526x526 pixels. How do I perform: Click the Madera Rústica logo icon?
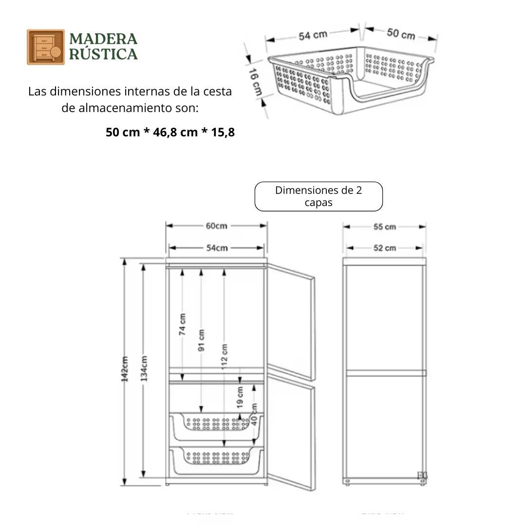point(45,47)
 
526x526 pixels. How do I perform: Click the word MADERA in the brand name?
point(103,39)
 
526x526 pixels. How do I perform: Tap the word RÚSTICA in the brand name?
point(103,54)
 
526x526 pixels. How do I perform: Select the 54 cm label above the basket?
point(313,36)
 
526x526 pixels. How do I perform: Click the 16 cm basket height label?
point(255,82)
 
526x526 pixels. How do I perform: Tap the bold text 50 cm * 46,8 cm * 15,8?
point(170,132)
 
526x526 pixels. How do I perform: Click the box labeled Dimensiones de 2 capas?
point(319,196)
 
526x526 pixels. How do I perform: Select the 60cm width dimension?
point(216,226)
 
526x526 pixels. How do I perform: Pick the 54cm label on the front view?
point(217,248)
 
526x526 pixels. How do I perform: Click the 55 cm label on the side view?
point(384,227)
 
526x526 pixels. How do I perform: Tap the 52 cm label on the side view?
point(384,248)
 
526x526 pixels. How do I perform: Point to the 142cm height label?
point(125,369)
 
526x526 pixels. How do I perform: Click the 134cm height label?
point(144,369)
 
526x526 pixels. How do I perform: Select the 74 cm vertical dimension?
point(182,324)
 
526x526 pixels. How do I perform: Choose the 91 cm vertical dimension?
point(202,340)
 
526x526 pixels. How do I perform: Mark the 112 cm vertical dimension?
point(224,357)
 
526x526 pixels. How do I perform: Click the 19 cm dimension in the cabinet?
point(240,397)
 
